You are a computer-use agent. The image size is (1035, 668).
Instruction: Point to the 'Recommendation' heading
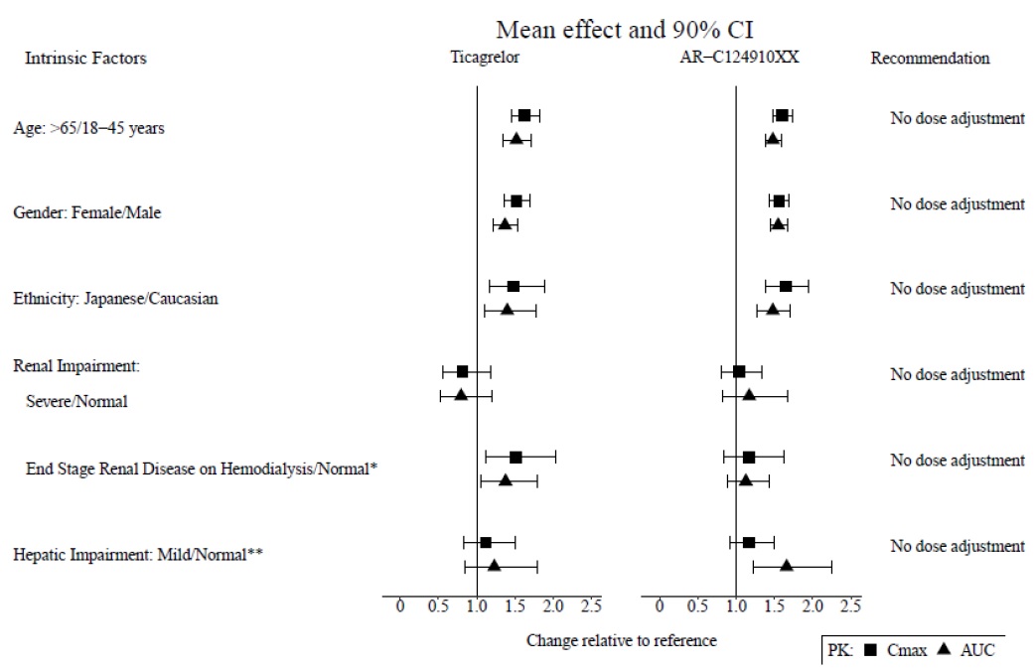930,59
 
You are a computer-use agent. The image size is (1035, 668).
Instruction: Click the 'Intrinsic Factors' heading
85,59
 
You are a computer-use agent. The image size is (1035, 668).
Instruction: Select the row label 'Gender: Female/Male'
87,212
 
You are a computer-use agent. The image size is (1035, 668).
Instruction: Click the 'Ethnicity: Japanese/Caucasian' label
115,298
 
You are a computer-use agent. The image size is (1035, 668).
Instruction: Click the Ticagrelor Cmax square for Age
524,115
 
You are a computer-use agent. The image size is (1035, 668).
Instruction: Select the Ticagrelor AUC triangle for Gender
505,224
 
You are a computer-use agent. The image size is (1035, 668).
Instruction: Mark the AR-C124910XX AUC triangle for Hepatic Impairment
787,565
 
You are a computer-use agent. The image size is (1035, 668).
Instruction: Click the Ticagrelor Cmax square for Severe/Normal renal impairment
462,371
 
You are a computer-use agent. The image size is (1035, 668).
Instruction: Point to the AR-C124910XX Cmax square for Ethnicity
786,286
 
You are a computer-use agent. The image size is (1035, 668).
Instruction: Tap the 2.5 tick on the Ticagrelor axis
591,606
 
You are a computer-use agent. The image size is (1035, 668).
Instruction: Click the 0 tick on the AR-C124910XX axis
659,606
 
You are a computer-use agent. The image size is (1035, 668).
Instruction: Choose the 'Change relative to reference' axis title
621,640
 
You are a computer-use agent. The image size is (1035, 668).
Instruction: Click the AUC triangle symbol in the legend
939,650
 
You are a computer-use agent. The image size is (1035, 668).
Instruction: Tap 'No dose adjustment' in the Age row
957,119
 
